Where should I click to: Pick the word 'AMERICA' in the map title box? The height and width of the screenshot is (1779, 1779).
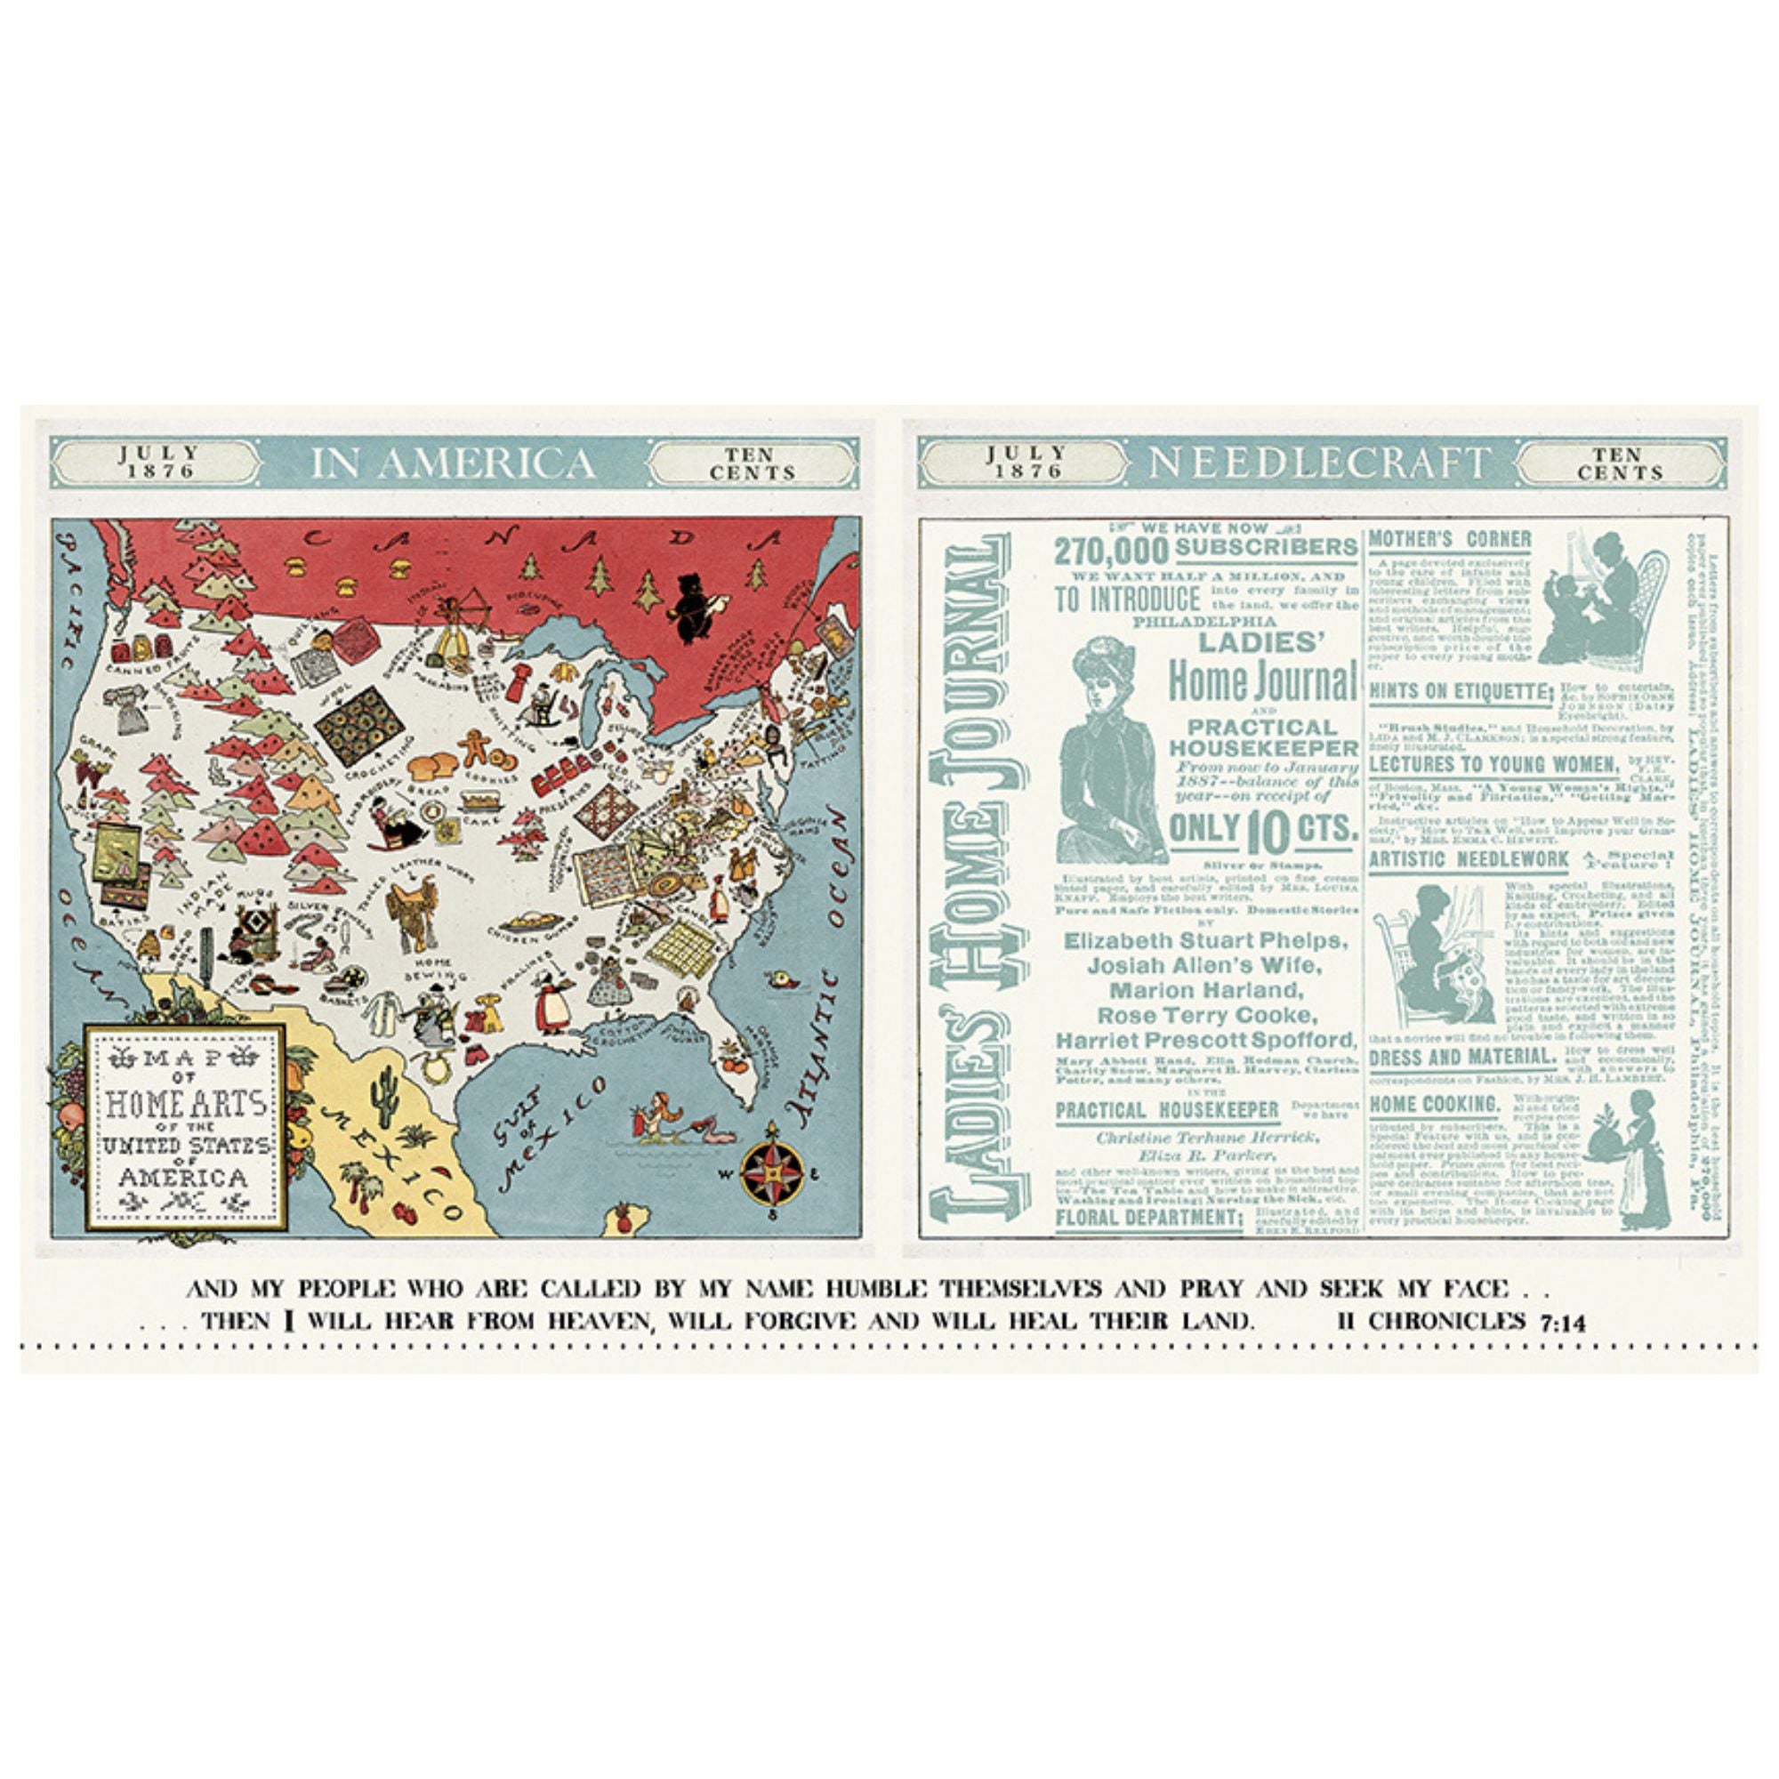[183, 1178]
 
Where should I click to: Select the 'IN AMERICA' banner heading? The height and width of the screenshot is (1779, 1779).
[452, 463]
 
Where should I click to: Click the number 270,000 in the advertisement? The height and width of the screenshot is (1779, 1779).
[1110, 551]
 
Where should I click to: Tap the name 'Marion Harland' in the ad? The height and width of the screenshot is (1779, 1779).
[1206, 991]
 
